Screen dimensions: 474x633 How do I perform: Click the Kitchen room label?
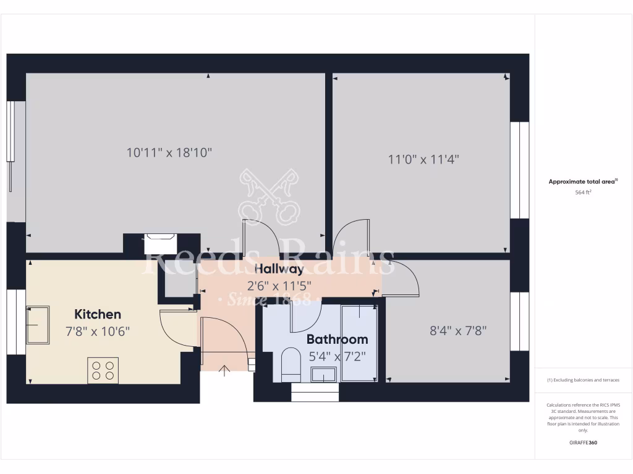pos(98,314)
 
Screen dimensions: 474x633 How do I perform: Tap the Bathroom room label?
pos(337,339)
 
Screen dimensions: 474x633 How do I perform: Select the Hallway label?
pos(279,268)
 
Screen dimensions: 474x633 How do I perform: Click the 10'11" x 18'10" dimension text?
pos(169,152)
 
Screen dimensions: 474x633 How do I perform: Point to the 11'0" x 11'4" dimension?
pos(423,159)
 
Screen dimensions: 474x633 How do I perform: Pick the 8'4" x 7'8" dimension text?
pos(458,330)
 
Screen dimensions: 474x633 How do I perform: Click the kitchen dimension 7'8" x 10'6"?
pos(98,331)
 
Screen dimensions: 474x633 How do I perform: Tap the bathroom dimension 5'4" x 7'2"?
pos(337,355)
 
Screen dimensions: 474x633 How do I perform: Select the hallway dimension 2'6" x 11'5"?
pos(279,286)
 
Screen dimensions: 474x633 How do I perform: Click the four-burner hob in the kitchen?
pos(103,370)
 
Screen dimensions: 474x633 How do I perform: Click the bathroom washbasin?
pos(323,374)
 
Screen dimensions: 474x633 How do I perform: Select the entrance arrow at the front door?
pos(224,370)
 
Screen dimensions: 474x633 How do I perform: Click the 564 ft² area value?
pos(584,193)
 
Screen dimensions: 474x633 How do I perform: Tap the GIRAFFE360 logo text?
pos(584,443)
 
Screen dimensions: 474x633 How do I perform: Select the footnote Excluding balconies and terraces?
pos(583,380)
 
